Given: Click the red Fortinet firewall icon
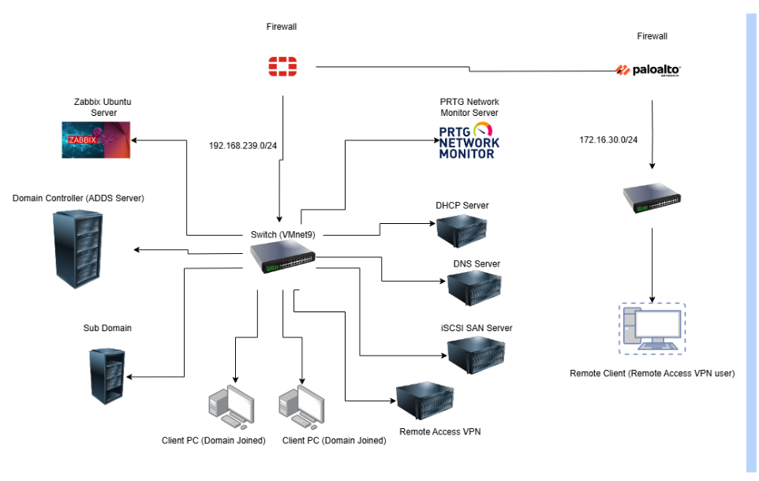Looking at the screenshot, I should (282, 67).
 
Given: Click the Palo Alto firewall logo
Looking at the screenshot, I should (648, 70).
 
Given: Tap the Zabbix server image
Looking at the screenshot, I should (95, 140).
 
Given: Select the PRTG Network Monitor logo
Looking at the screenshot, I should (469, 140).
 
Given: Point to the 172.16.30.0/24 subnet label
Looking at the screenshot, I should (608, 140).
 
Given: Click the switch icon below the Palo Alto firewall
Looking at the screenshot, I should (652, 199).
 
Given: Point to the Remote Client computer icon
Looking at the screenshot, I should (652, 329).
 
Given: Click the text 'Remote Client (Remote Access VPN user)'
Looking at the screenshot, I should (652, 373).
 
